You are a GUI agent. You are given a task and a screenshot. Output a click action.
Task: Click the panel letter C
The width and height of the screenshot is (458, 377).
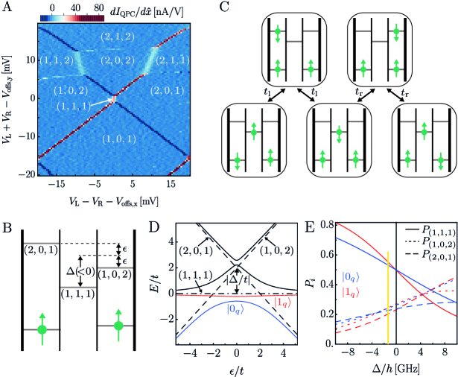(236, 7)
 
